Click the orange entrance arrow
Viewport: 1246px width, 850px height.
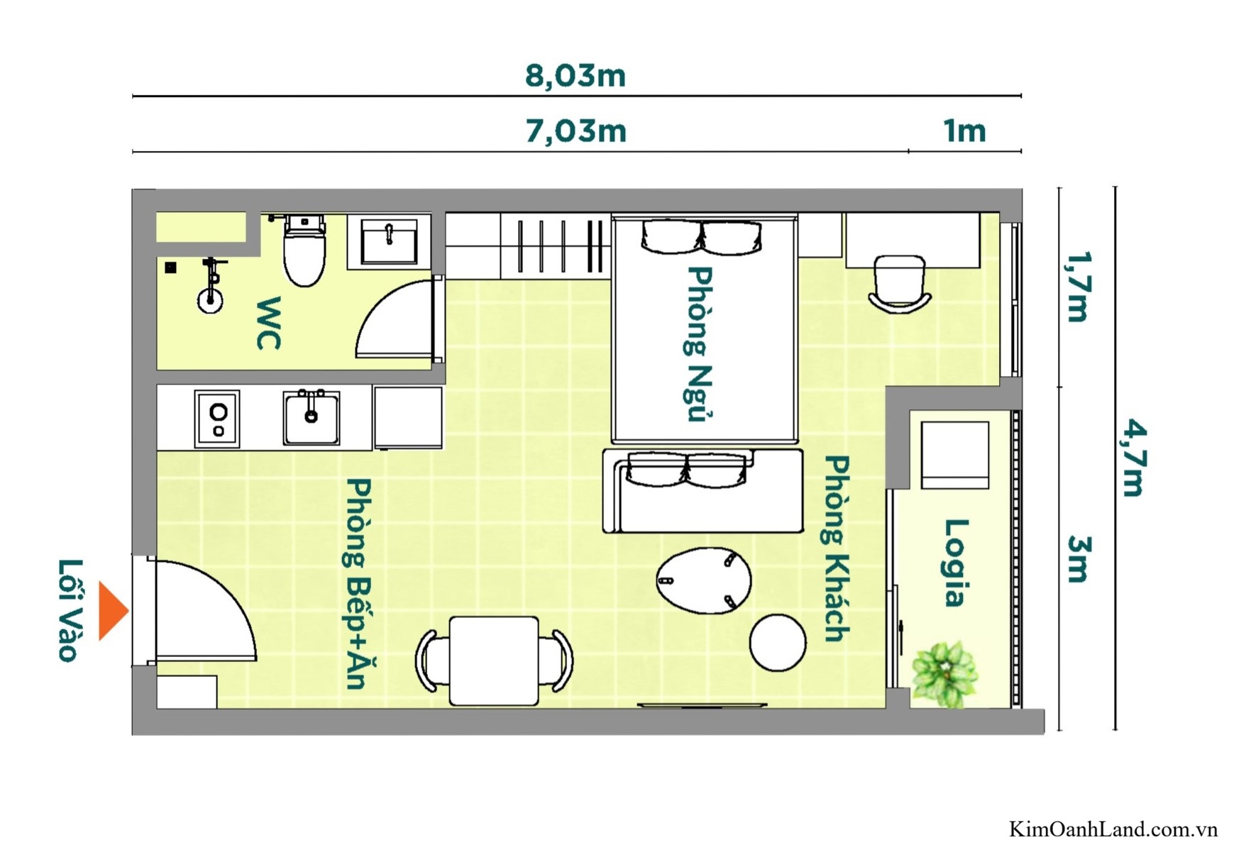pyautogui.click(x=112, y=611)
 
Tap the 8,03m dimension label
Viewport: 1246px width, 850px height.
pyautogui.click(x=575, y=76)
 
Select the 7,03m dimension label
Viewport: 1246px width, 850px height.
pyautogui.click(x=575, y=131)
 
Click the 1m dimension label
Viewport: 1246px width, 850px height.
pyautogui.click(x=964, y=131)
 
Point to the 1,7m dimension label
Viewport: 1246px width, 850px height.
pyautogui.click(x=1077, y=287)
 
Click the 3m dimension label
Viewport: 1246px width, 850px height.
pyautogui.click(x=1077, y=559)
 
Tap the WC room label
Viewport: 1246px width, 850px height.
pyautogui.click(x=269, y=324)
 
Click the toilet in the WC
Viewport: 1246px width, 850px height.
pyautogui.click(x=304, y=252)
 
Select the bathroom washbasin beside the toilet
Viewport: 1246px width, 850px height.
pyautogui.click(x=389, y=241)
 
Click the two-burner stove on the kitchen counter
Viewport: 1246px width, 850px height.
pyautogui.click(x=217, y=419)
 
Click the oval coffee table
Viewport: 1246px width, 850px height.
pyautogui.click(x=703, y=580)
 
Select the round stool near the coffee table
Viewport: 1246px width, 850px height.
pyautogui.click(x=777, y=643)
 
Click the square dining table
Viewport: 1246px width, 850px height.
pyautogui.click(x=494, y=661)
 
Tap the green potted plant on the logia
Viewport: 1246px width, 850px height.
pyautogui.click(x=944, y=674)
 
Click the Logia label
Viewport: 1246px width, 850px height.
pyautogui.click(x=955, y=563)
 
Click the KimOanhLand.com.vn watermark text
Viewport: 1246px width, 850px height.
pyautogui.click(x=1113, y=829)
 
